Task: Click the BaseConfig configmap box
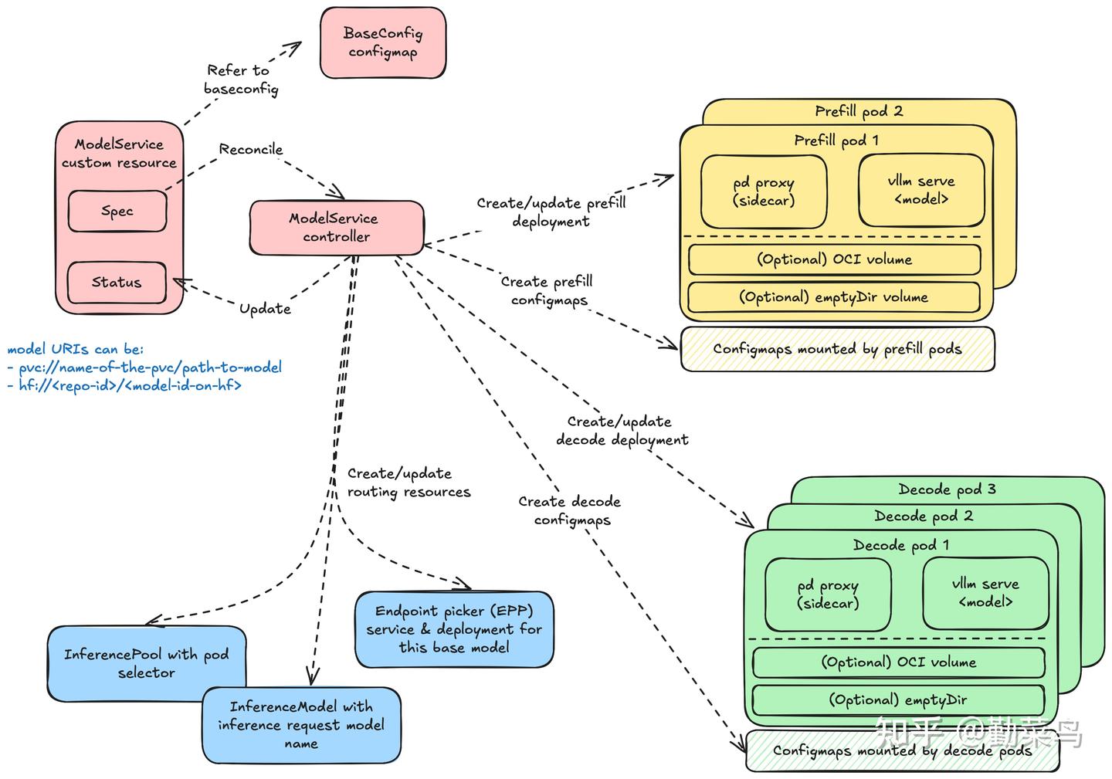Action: [383, 42]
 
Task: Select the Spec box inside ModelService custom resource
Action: [117, 211]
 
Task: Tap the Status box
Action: [117, 283]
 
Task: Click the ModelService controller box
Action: [337, 228]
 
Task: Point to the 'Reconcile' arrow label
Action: [251, 149]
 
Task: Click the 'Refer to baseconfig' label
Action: [241, 80]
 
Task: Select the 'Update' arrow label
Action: [265, 309]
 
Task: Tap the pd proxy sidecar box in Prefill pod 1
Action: [764, 191]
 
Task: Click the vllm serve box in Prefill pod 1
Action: [921, 190]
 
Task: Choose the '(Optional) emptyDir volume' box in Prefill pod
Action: [834, 297]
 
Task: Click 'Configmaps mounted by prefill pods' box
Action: [837, 349]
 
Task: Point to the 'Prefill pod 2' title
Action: [859, 111]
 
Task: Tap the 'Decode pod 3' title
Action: [948, 489]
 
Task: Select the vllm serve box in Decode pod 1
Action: [986, 594]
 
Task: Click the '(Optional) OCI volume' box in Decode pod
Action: [899, 662]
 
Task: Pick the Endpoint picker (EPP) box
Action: [454, 629]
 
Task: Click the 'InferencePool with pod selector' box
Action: [147, 663]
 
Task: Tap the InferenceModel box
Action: [301, 725]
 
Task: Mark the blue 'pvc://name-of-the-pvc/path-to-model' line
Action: [145, 367]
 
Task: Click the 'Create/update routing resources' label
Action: [409, 483]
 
